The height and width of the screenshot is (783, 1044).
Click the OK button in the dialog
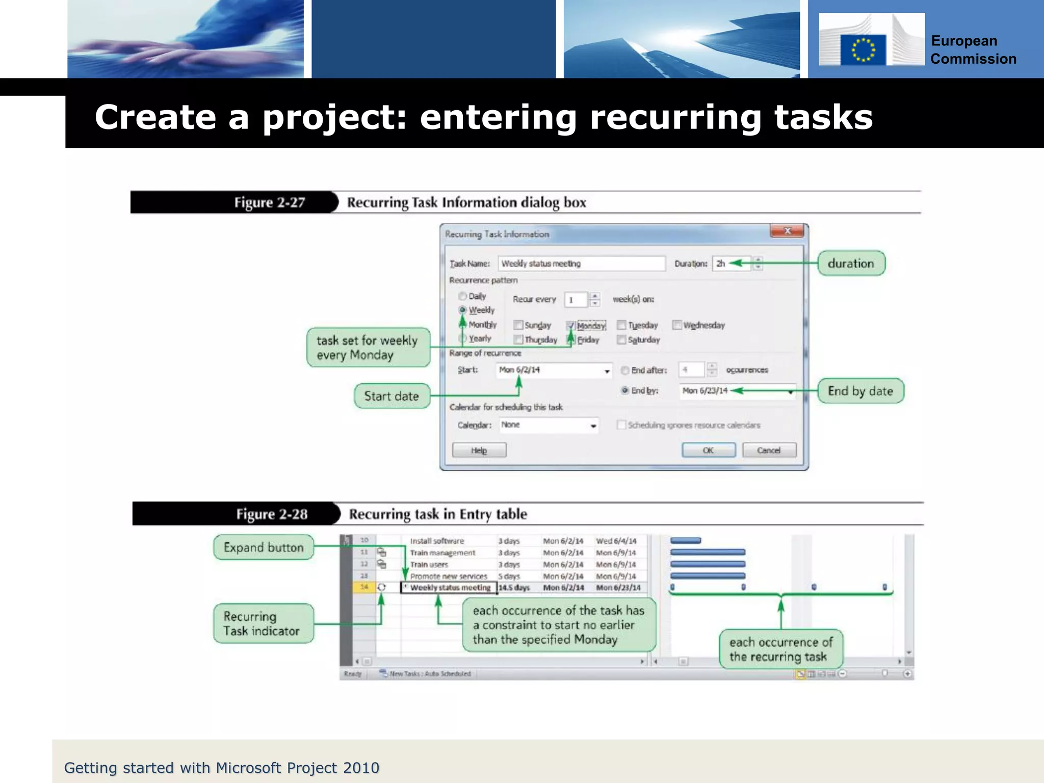(x=708, y=450)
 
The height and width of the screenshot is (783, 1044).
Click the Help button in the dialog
(x=479, y=450)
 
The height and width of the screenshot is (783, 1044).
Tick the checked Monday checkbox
(x=570, y=325)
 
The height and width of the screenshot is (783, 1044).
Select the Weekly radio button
(x=463, y=310)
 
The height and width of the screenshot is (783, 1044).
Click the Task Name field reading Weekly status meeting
(x=581, y=264)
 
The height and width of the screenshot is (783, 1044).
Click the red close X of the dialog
(x=787, y=231)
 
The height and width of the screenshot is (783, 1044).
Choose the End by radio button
(x=624, y=390)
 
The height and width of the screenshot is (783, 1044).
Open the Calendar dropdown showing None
(x=593, y=425)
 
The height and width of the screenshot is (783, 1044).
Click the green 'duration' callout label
(x=851, y=263)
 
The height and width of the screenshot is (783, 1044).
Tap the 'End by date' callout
(x=860, y=391)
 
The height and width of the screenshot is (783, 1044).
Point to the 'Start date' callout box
(x=391, y=396)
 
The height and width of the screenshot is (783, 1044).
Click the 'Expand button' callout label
(x=264, y=547)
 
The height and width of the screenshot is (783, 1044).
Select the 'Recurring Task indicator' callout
(x=263, y=623)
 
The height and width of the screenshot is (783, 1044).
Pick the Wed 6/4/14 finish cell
(x=616, y=541)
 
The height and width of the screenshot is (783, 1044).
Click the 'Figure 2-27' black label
(x=269, y=202)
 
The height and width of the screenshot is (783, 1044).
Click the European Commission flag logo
(x=863, y=49)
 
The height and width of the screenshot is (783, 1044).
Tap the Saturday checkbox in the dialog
(x=621, y=340)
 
